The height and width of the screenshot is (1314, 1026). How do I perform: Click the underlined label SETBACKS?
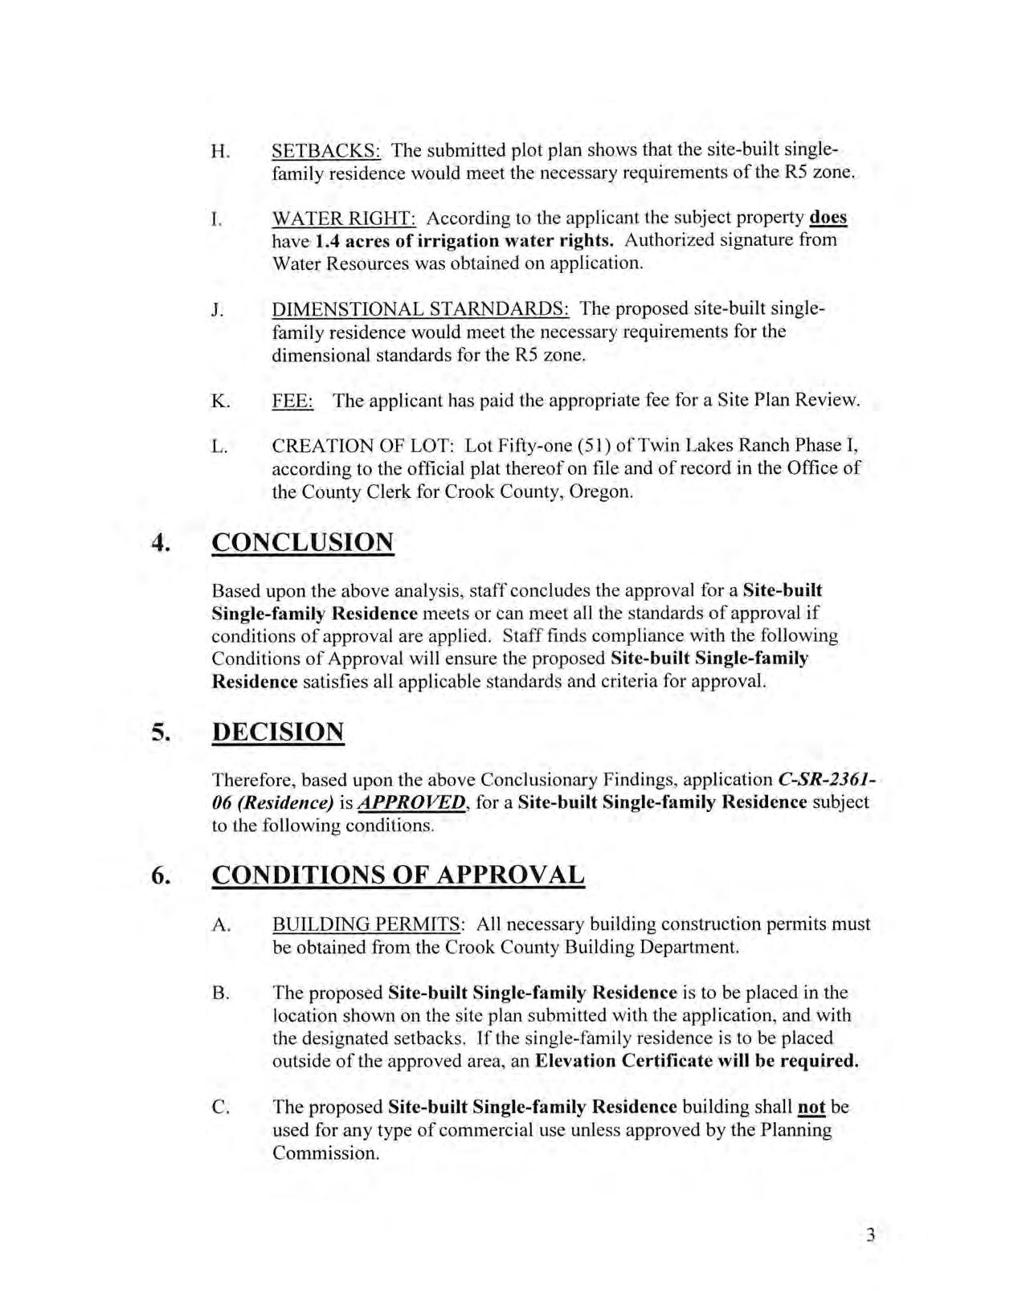tap(326, 150)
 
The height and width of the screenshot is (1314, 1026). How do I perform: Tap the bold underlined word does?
tap(829, 218)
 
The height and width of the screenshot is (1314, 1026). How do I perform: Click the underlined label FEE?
tap(292, 401)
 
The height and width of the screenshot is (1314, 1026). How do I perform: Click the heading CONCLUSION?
tap(303, 542)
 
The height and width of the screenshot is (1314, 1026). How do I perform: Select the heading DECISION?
tap(278, 732)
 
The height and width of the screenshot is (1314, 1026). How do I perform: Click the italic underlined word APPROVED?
tap(411, 802)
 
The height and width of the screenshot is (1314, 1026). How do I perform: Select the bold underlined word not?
tap(811, 1107)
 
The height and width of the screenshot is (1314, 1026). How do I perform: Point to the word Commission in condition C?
tap(325, 1153)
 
